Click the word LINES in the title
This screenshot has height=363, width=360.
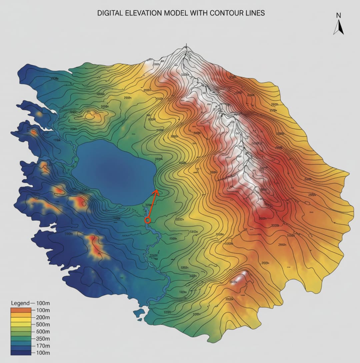[256, 13]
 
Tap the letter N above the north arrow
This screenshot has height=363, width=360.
[338, 15]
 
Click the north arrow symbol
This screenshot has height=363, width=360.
[338, 27]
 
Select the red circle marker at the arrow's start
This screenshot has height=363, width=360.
[148, 220]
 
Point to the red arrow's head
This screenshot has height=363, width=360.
[156, 191]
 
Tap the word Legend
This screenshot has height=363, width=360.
[20, 303]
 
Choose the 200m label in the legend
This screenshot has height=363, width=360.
[42, 317]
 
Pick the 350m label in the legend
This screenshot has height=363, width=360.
[42, 339]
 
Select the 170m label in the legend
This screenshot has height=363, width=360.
[42, 346]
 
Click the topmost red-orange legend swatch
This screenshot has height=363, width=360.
[21, 310]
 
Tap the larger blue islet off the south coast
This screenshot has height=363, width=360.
[139, 313]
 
